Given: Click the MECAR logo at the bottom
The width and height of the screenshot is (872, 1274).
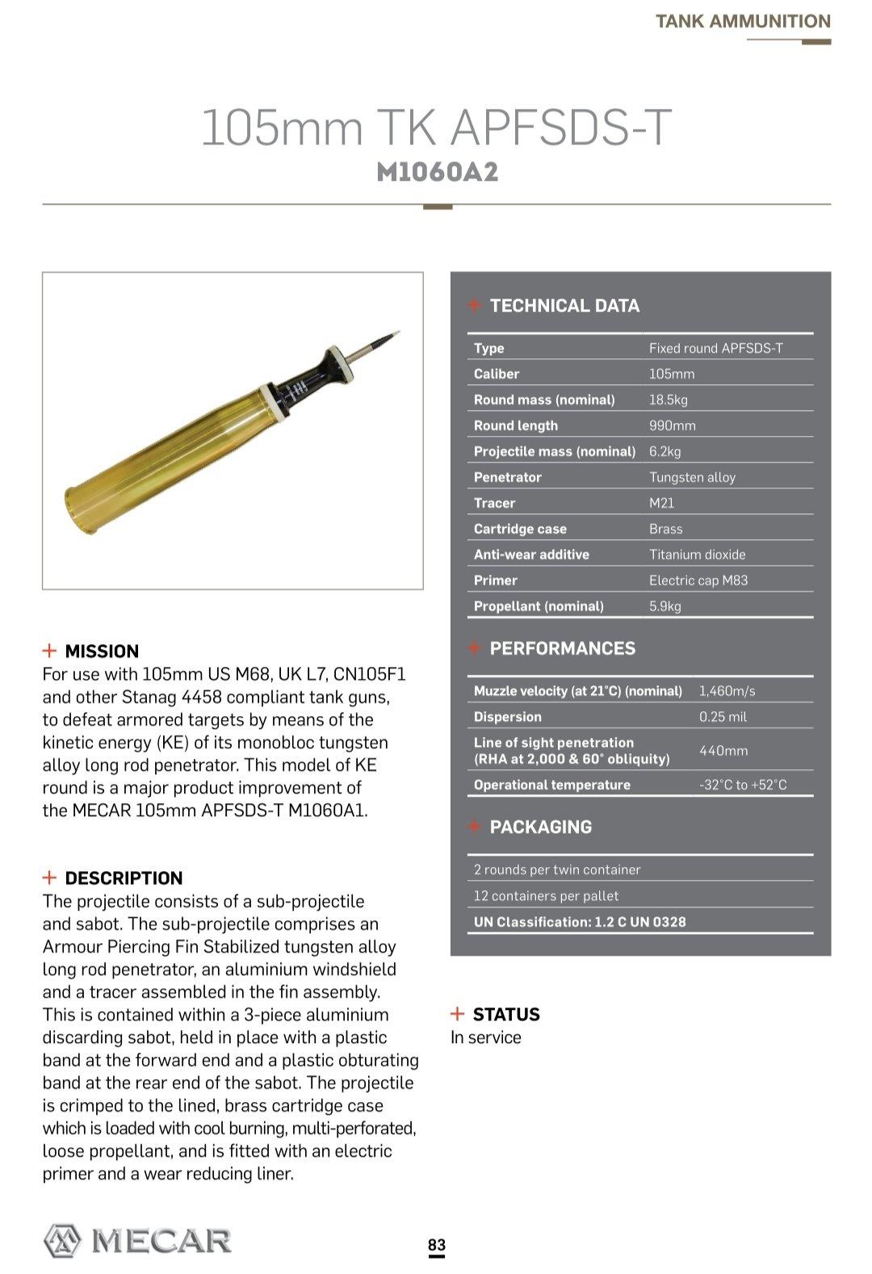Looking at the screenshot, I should tap(137, 1240).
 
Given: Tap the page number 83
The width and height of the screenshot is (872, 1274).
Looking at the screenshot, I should tap(436, 1244).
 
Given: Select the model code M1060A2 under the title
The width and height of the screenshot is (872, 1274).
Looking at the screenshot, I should tap(437, 172).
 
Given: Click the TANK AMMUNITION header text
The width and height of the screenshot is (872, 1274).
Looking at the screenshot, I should tap(743, 22).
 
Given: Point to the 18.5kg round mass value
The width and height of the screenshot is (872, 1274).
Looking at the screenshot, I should tap(668, 400).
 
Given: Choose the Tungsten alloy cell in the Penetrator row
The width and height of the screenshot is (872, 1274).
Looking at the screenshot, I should tap(692, 477).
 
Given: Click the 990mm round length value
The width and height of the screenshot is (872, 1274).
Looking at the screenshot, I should tap(672, 425).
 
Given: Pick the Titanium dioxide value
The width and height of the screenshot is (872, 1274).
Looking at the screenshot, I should tap(697, 555).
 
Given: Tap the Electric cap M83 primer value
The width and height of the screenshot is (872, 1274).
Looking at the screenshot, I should tap(698, 580).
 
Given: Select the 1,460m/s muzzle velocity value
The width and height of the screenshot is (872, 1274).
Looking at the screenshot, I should tap(727, 691).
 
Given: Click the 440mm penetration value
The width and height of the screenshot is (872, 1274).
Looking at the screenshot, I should tap(723, 751).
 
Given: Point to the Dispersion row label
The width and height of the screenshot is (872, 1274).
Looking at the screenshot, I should tap(507, 717).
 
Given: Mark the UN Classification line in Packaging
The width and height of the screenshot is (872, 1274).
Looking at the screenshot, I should tap(579, 922).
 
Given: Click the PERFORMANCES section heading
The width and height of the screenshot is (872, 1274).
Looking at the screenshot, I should tap(562, 648).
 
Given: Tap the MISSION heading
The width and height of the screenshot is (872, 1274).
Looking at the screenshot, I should tap(102, 652).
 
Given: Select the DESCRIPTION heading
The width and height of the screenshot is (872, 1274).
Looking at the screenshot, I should tap(124, 878).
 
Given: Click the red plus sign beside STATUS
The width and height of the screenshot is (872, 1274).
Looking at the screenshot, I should tap(458, 1014).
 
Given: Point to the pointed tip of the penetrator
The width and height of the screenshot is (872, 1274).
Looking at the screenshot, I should tap(397, 333).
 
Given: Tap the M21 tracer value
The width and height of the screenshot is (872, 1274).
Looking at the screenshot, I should tap(661, 503).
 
